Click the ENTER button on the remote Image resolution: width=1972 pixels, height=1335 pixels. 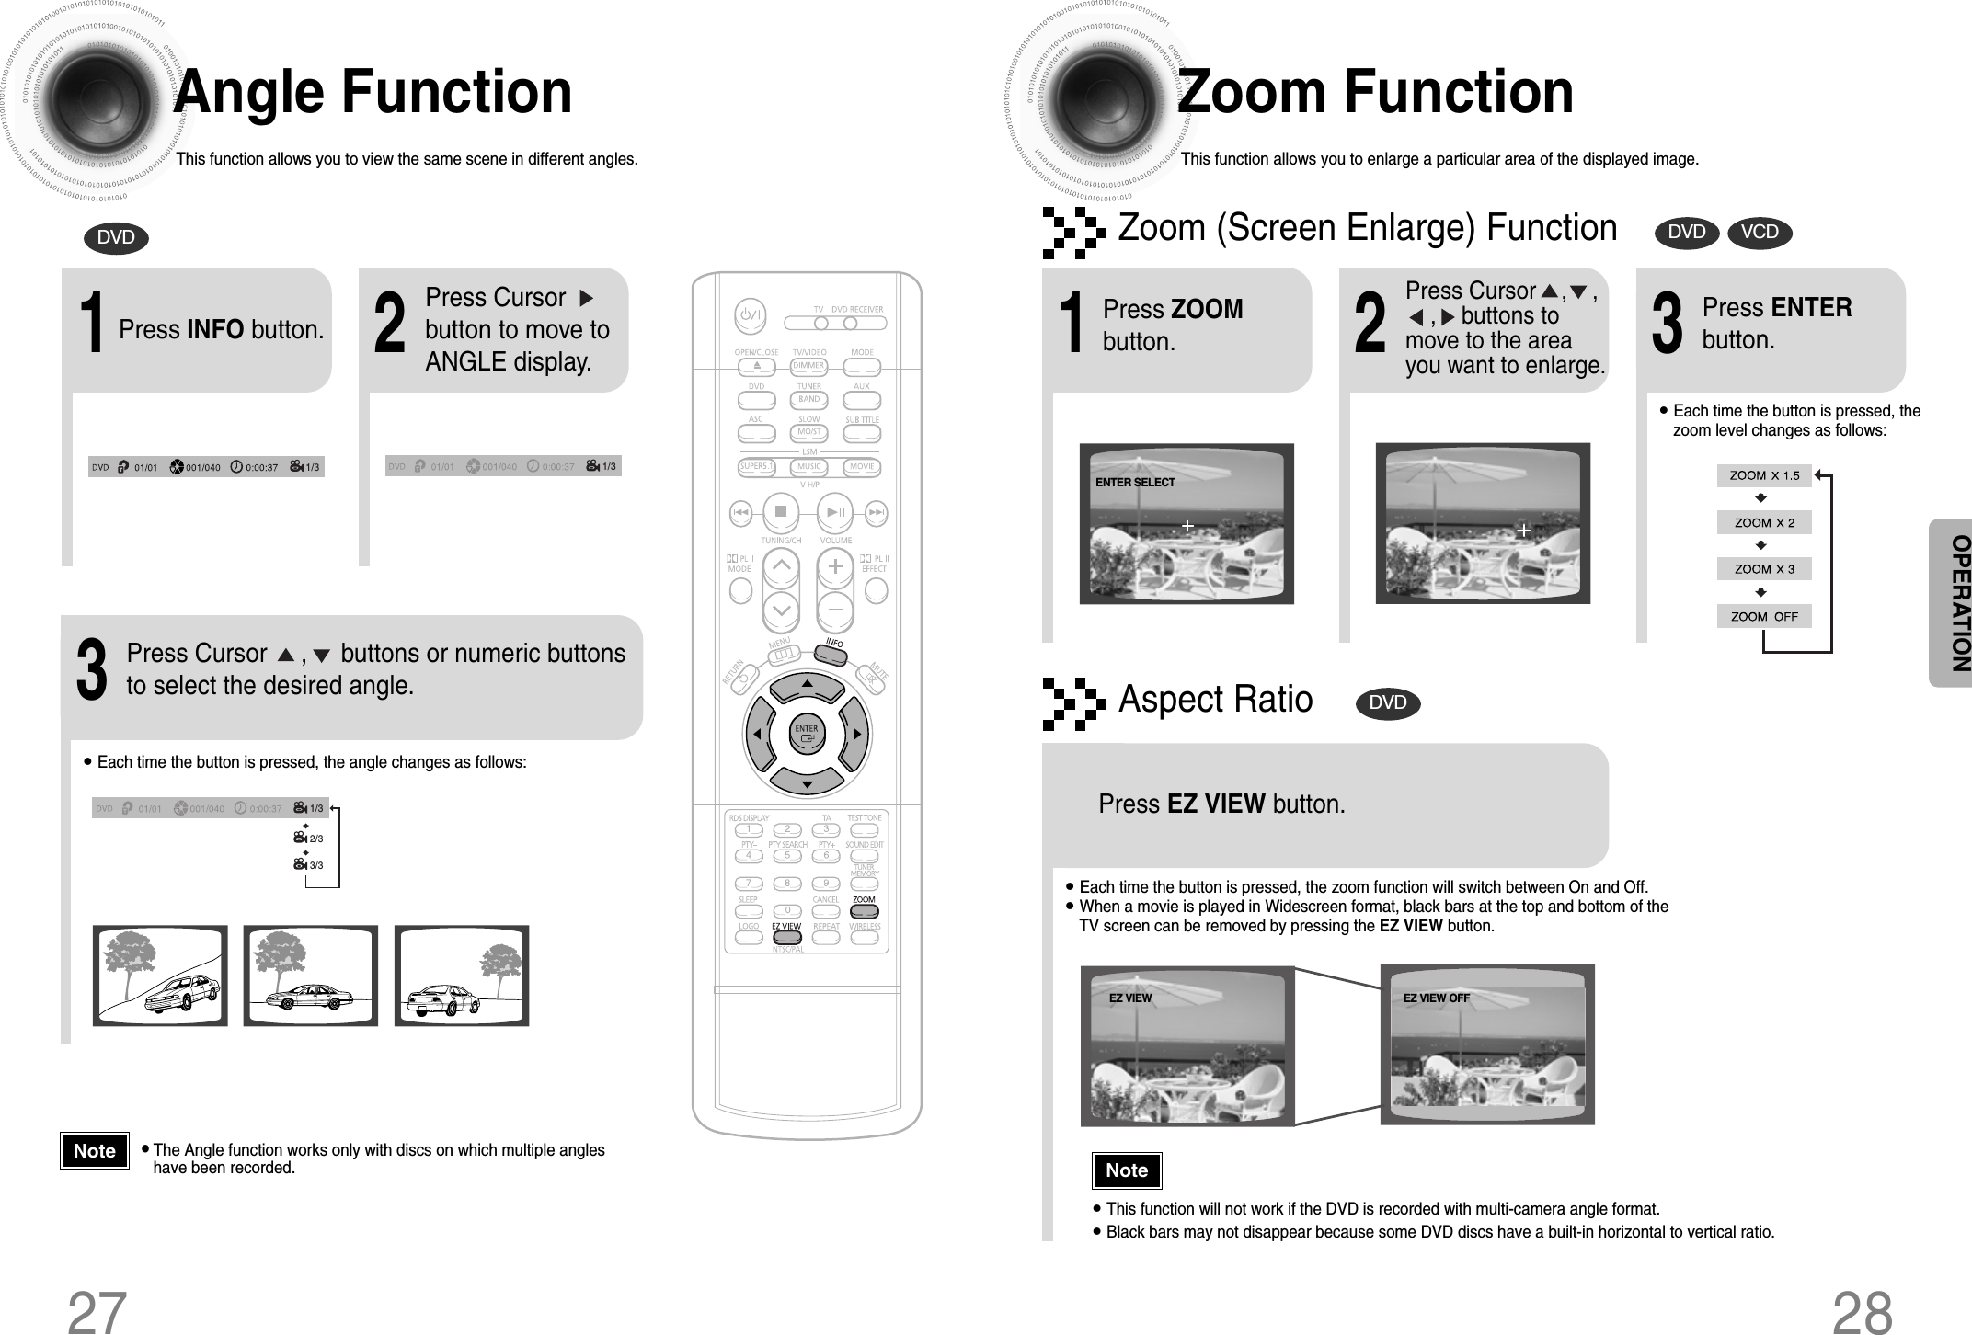pyautogui.click(x=807, y=733)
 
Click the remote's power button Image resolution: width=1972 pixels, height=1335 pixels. pyautogui.click(x=750, y=318)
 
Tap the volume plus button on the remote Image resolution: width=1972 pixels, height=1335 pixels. pyautogui.click(x=835, y=567)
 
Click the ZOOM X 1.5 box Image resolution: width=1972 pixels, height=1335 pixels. pyautogui.click(x=1763, y=476)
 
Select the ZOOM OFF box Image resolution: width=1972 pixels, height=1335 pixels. pyautogui.click(x=1763, y=617)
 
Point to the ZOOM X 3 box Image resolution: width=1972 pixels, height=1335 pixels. pyautogui.click(x=1763, y=569)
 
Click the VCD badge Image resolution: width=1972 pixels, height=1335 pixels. pyautogui.click(x=1759, y=233)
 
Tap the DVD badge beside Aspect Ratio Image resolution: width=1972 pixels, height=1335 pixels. pyautogui.click(x=1387, y=703)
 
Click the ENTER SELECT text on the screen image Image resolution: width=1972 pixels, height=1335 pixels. pyautogui.click(x=1134, y=483)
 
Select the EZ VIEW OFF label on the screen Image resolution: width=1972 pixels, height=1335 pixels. pyautogui.click(x=1436, y=998)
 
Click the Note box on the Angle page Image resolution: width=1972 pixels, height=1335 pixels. pyautogui.click(x=95, y=1151)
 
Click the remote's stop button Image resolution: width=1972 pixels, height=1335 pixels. pyautogui.click(x=780, y=510)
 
